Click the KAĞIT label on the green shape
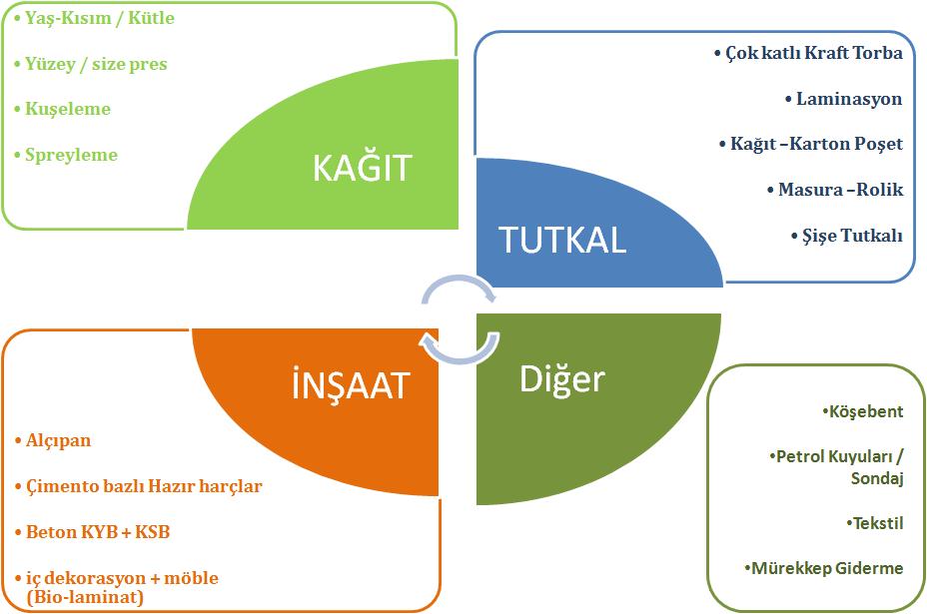pyautogui.click(x=362, y=168)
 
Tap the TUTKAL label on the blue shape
pyautogui.click(x=561, y=241)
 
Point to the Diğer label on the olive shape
pyautogui.click(x=562, y=378)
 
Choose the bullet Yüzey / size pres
pyautogui.click(x=91, y=64)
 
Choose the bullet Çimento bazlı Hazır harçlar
pyautogui.click(x=139, y=486)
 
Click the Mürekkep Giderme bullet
pyautogui.click(x=824, y=568)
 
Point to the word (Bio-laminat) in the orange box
pyautogui.click(x=85, y=597)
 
